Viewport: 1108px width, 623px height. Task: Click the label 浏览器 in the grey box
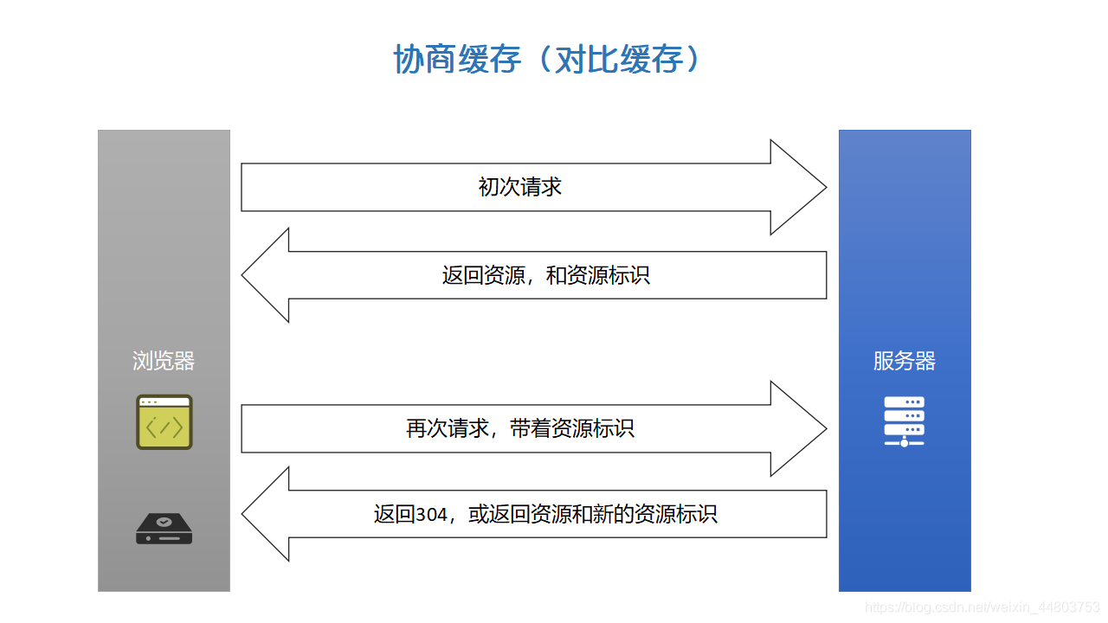164,361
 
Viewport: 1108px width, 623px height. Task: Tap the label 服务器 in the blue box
905,361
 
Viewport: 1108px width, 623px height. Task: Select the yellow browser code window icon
164,422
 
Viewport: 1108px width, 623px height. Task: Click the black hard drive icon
164,529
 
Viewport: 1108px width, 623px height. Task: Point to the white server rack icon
905,421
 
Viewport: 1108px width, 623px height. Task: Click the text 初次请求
520,187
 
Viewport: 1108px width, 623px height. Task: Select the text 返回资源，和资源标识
545,275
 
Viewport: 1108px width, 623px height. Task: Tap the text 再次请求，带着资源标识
520,428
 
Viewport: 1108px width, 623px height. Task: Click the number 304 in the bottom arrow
431,515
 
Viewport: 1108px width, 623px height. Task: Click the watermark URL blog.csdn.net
982,607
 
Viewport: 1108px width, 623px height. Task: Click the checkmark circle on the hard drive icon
164,522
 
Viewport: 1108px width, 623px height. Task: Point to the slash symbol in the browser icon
164,427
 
